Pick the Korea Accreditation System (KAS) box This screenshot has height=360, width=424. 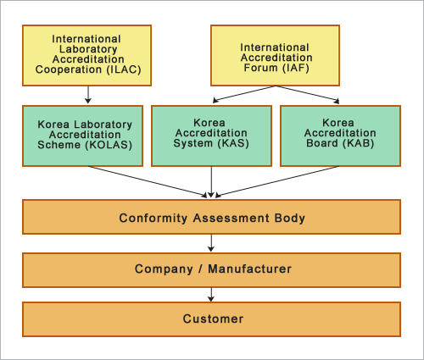[212, 135]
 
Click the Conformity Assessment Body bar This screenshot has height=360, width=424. [212, 218]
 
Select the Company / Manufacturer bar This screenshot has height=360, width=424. [212, 269]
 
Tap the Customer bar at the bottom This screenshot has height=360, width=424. [212, 319]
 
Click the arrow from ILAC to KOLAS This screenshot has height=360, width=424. [88, 95]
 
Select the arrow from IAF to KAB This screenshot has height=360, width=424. [310, 96]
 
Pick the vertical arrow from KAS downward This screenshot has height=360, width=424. [212, 181]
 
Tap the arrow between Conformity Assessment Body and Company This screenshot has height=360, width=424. [212, 243]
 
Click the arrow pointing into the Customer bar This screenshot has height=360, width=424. [212, 294]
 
